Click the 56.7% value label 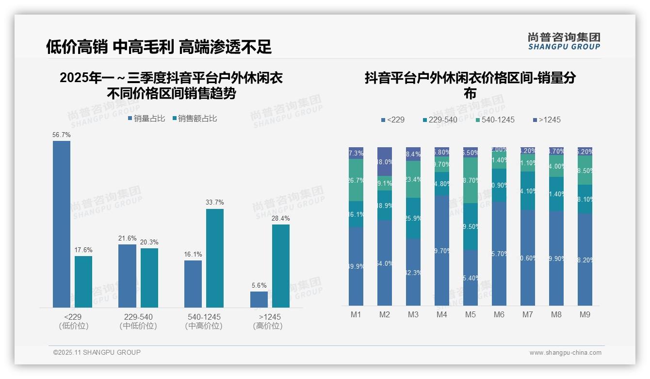pyautogui.click(x=62, y=135)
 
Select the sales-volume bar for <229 pyautogui.click(x=62, y=224)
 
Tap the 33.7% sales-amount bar pyautogui.click(x=215, y=258)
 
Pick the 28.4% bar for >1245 pyautogui.click(x=281, y=266)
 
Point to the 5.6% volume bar pyautogui.click(x=259, y=299)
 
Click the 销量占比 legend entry pyautogui.click(x=146, y=119)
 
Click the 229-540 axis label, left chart pyautogui.click(x=138, y=317)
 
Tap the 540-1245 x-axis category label pyautogui.click(x=204, y=317)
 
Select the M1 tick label pyautogui.click(x=356, y=314)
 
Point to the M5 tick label pyautogui.click(x=471, y=314)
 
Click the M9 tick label pyautogui.click(x=585, y=314)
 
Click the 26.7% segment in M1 pyautogui.click(x=356, y=180)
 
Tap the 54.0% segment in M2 pyautogui.click(x=385, y=263)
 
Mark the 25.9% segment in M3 pyautogui.click(x=413, y=218)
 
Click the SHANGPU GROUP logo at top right pyautogui.click(x=564, y=41)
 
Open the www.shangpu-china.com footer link pyautogui.click(x=565, y=353)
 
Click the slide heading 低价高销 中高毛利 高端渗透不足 pyautogui.click(x=159, y=47)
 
